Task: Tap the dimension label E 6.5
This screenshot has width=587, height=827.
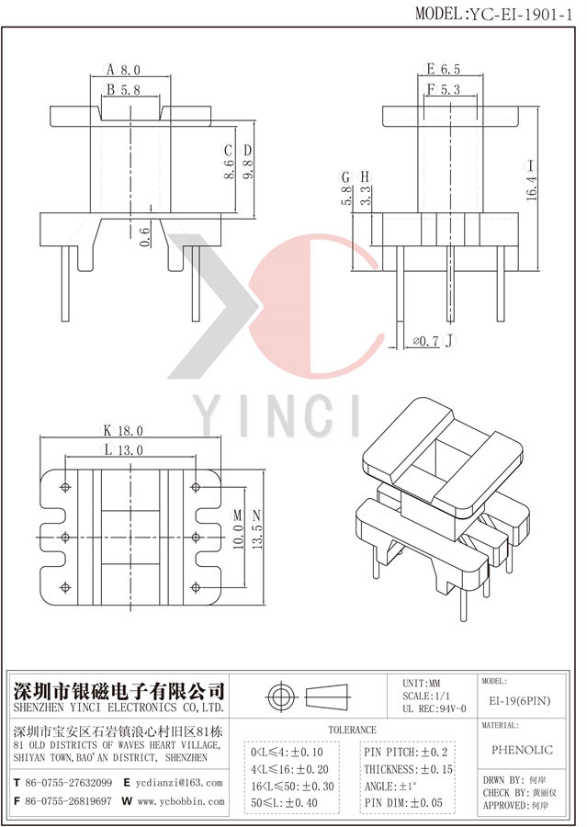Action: click(x=443, y=69)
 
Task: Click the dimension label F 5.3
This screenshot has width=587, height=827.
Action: click(x=443, y=89)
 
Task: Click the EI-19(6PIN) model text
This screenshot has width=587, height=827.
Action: click(x=520, y=701)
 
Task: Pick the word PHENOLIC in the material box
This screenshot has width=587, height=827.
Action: click(x=521, y=750)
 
